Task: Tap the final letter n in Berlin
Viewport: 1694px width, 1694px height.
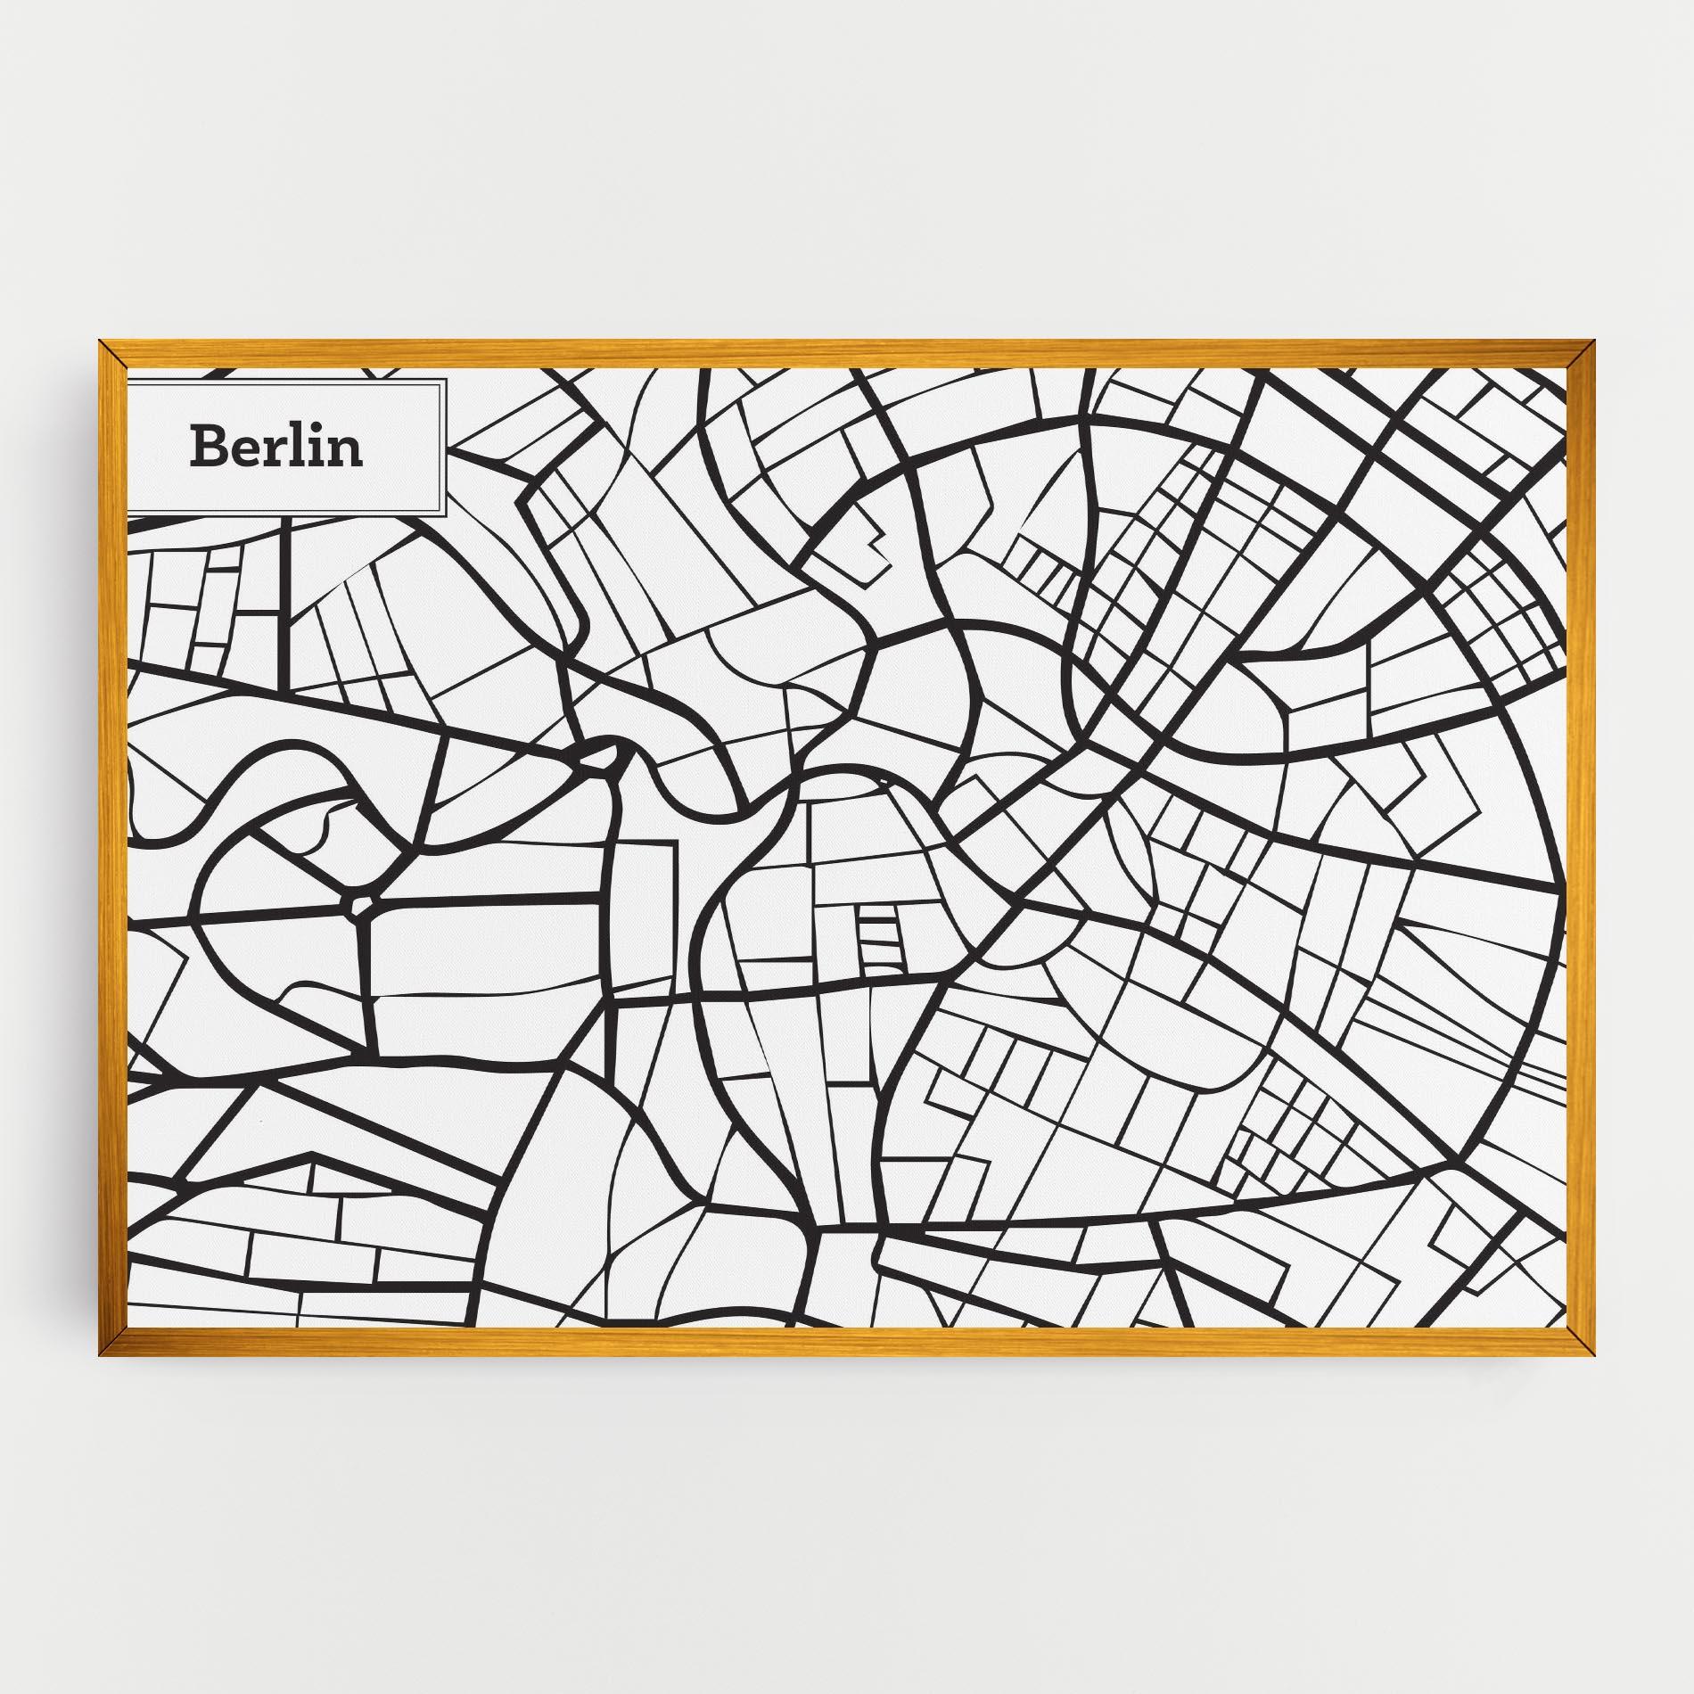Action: pos(347,451)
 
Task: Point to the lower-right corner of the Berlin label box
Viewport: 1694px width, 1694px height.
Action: pos(443,514)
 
